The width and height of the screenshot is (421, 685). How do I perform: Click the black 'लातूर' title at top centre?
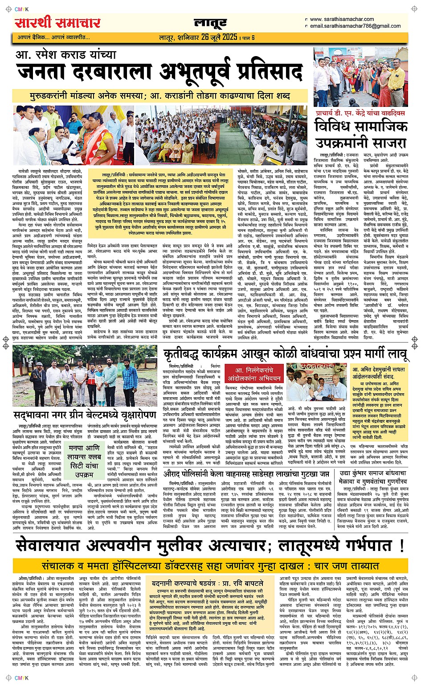click(x=210, y=23)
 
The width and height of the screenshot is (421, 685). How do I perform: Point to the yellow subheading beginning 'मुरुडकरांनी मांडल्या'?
click(x=159, y=96)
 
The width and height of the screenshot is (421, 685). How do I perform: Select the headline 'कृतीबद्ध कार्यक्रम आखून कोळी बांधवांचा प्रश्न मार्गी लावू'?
click(x=285, y=355)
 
